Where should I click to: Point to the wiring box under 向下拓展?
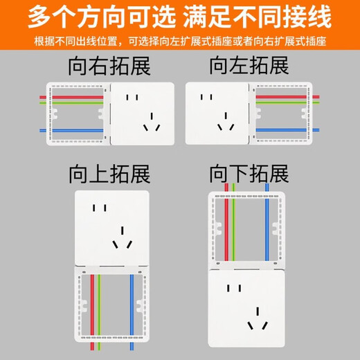pos(248,232)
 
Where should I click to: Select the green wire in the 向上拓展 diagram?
pos(101,308)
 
